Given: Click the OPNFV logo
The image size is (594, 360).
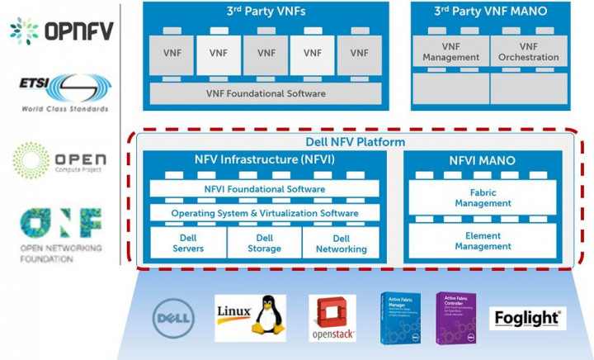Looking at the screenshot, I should (x=62, y=31).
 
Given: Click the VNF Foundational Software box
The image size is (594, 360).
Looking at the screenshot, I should (x=266, y=93).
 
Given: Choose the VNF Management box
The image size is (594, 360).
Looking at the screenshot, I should (x=450, y=52).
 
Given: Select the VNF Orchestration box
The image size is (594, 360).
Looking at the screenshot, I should (x=528, y=52).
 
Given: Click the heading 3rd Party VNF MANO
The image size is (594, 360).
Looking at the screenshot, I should (x=489, y=12).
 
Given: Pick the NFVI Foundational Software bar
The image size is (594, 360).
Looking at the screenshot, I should (x=266, y=189).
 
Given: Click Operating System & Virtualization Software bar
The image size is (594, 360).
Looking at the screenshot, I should (x=266, y=213).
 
